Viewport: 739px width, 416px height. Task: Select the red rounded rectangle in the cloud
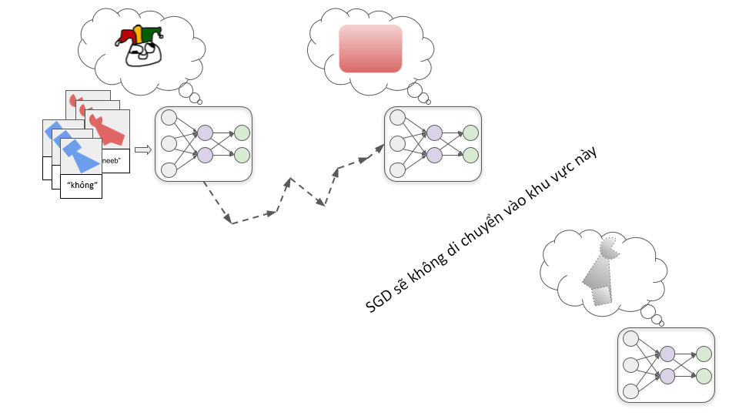371,49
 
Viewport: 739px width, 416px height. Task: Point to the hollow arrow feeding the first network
142,150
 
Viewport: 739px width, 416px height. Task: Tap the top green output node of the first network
242,133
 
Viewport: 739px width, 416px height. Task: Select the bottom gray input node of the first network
169,169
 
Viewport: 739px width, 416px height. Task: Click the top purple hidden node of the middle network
434,133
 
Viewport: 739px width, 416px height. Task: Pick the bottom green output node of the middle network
470,155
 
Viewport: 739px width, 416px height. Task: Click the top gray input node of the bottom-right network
631,339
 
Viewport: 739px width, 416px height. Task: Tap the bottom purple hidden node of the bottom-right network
667,376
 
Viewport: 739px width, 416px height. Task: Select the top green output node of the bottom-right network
704,354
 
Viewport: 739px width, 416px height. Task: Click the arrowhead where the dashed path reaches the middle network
380,147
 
